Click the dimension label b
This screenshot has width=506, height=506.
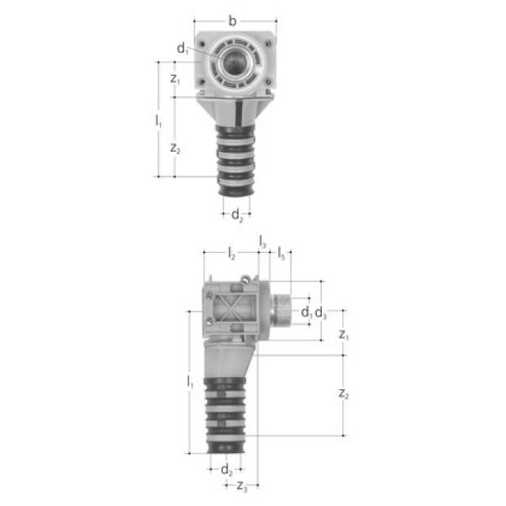coord(232,21)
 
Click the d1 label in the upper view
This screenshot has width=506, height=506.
coord(183,49)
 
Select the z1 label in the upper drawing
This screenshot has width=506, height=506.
coord(175,79)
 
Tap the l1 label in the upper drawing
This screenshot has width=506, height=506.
coord(158,120)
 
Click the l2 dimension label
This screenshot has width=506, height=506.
coord(231,255)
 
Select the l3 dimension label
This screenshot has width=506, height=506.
coord(263,242)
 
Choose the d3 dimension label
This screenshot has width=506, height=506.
coord(320,314)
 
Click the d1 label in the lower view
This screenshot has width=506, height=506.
coord(306,313)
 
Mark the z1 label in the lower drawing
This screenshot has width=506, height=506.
coord(343,335)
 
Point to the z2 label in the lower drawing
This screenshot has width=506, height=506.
coord(342,394)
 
